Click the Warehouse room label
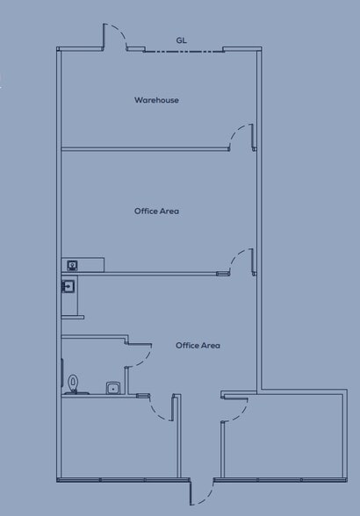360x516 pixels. point(156,100)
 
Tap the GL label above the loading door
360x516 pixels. point(181,40)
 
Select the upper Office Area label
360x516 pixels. point(156,211)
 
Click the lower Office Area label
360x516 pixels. point(198,346)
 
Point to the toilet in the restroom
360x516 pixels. point(74,383)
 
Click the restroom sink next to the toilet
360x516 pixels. point(112,387)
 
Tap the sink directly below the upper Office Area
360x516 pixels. point(73,264)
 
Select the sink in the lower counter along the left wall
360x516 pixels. point(68,286)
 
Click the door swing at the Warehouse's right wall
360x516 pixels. point(240,136)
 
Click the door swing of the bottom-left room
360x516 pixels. point(162,411)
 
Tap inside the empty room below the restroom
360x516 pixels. point(114,439)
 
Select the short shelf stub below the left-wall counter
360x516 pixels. point(74,317)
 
